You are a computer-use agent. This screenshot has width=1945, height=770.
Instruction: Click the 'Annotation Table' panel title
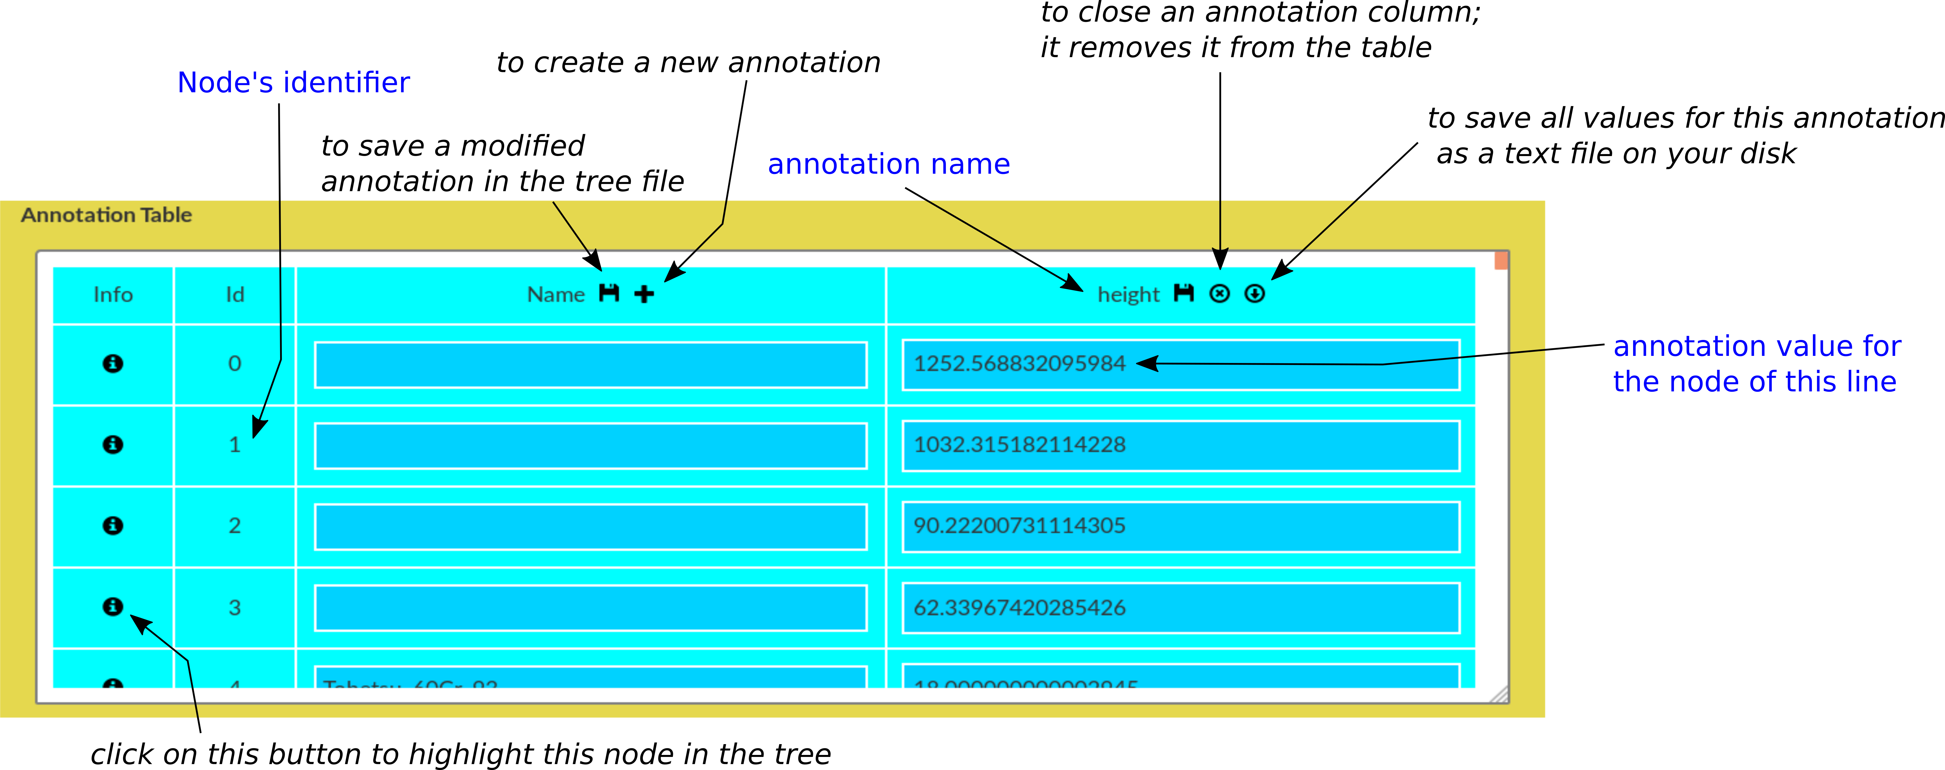pos(107,215)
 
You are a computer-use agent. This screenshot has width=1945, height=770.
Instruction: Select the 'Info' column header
pos(113,295)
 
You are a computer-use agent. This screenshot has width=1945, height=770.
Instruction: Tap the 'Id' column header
pos(235,295)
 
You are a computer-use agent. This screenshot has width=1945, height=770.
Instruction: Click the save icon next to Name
pos(608,293)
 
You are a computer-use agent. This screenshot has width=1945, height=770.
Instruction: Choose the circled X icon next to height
pos(1219,294)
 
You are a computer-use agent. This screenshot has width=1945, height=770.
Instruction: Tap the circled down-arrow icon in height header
pos(1254,294)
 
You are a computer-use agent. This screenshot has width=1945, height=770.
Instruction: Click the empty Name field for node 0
pos(591,365)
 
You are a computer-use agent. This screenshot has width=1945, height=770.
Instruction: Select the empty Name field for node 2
pos(591,527)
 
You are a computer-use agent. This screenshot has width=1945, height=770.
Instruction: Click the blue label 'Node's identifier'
pos(294,82)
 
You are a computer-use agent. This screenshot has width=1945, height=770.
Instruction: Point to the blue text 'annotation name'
pos(889,164)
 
